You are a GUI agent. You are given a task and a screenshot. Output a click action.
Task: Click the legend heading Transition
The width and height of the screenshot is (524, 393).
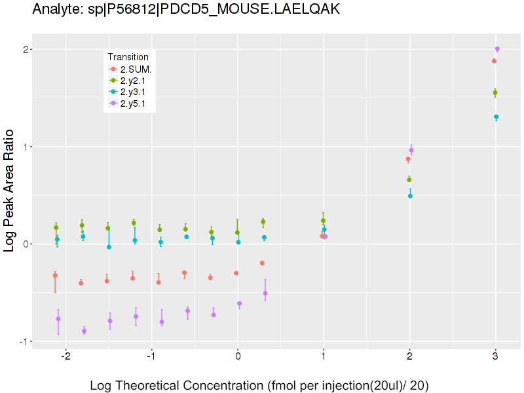click(132, 57)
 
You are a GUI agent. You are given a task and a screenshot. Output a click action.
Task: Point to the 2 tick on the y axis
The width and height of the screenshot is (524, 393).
click(24, 50)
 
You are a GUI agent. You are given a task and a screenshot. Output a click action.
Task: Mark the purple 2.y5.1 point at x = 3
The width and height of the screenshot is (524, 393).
click(497, 49)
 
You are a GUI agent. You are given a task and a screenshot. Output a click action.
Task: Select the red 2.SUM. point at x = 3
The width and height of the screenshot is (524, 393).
click(494, 61)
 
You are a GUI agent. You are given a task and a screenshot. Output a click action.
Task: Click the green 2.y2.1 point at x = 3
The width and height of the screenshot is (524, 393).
click(495, 93)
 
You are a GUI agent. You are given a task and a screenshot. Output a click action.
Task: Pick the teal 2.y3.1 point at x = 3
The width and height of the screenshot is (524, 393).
click(496, 117)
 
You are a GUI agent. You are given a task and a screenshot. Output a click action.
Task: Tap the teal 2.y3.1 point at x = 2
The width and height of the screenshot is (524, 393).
click(410, 196)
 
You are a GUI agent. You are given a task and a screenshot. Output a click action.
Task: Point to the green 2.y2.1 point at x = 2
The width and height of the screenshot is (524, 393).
click(409, 179)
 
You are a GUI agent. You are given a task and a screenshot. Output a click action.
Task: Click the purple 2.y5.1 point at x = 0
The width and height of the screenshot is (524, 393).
click(239, 304)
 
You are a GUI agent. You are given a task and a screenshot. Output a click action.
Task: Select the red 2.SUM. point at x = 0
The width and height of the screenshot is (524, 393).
click(236, 273)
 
